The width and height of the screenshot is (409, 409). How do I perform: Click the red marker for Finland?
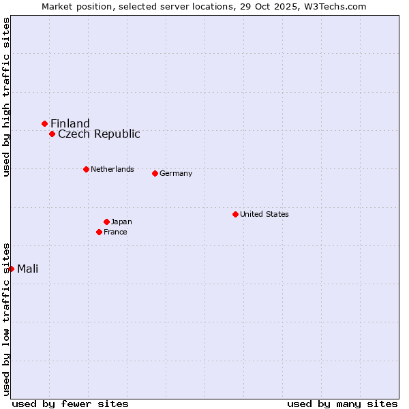click(45, 123)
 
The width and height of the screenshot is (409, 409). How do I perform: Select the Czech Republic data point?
click(52, 134)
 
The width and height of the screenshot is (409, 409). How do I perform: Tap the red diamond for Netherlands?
click(86, 169)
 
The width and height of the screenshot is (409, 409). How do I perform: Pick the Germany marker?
click(155, 173)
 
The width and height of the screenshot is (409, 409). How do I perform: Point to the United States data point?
click(235, 214)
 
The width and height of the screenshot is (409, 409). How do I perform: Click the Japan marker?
click(106, 222)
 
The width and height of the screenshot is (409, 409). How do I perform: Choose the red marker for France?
click(99, 232)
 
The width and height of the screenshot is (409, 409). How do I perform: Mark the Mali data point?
click(12, 269)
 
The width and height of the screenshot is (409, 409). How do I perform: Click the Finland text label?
click(70, 123)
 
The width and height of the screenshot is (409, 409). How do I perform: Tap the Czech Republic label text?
click(99, 134)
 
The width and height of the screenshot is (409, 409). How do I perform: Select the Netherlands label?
click(112, 169)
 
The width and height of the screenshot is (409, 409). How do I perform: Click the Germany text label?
click(176, 173)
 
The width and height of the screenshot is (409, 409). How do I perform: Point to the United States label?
click(264, 214)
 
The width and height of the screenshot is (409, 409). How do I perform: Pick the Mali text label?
click(28, 269)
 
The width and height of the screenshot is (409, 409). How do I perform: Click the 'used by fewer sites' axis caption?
click(70, 404)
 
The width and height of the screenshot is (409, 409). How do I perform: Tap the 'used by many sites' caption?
click(342, 404)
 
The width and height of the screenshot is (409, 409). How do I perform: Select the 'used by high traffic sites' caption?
click(6, 97)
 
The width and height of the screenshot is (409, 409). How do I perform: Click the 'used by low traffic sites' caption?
click(6, 319)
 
